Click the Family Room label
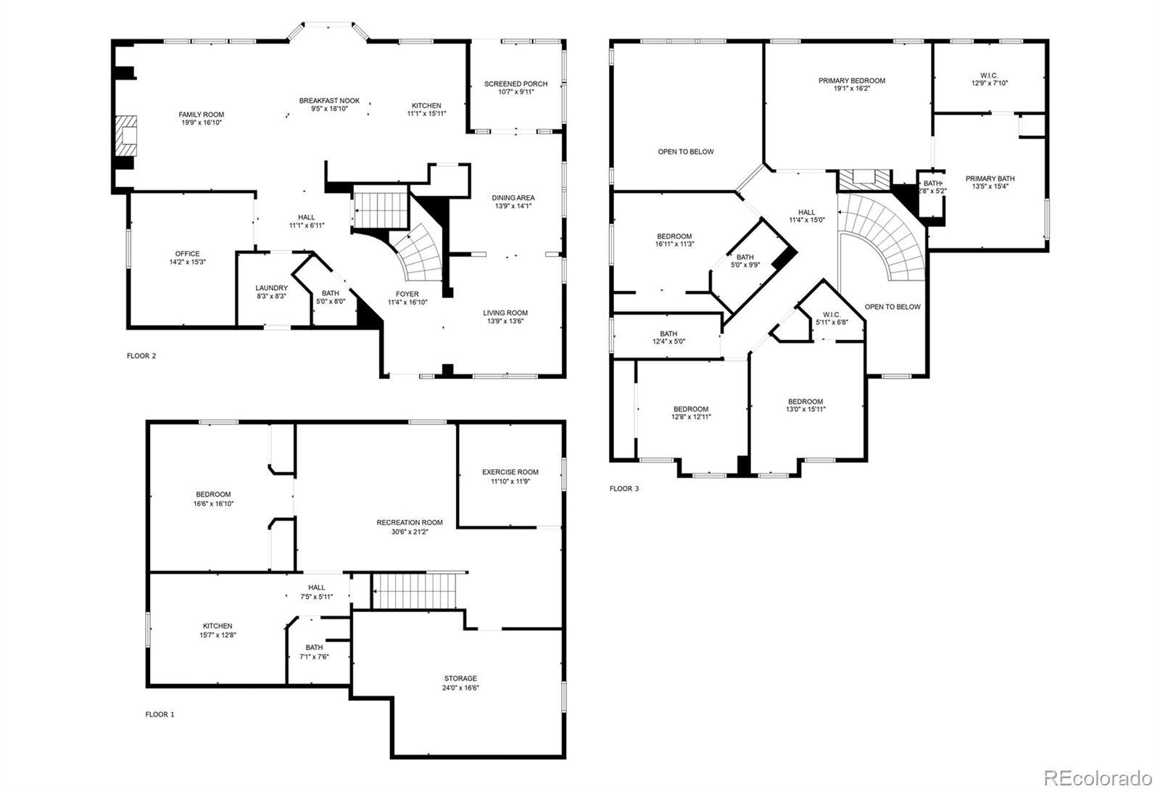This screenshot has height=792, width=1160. [202, 115]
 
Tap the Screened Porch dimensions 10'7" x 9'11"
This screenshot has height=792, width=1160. [515, 92]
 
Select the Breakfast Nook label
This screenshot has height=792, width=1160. [329, 101]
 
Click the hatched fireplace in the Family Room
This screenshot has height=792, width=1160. [126, 136]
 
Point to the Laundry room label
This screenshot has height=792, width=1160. [271, 288]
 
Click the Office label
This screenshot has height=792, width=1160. [188, 254]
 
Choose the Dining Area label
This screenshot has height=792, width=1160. [513, 198]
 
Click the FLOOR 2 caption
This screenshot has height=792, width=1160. [141, 356]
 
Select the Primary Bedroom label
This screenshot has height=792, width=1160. [852, 81]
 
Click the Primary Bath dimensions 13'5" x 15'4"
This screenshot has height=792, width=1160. [990, 186]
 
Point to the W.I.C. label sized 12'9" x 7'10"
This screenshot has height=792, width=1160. [989, 75]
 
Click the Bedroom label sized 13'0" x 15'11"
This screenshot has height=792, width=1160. [805, 401]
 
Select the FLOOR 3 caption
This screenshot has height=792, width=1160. [624, 488]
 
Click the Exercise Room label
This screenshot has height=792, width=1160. [510, 472]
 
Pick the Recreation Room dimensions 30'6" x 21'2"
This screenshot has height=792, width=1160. [410, 532]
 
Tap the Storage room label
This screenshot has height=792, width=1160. [460, 678]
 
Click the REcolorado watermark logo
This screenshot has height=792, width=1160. [1098, 777]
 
